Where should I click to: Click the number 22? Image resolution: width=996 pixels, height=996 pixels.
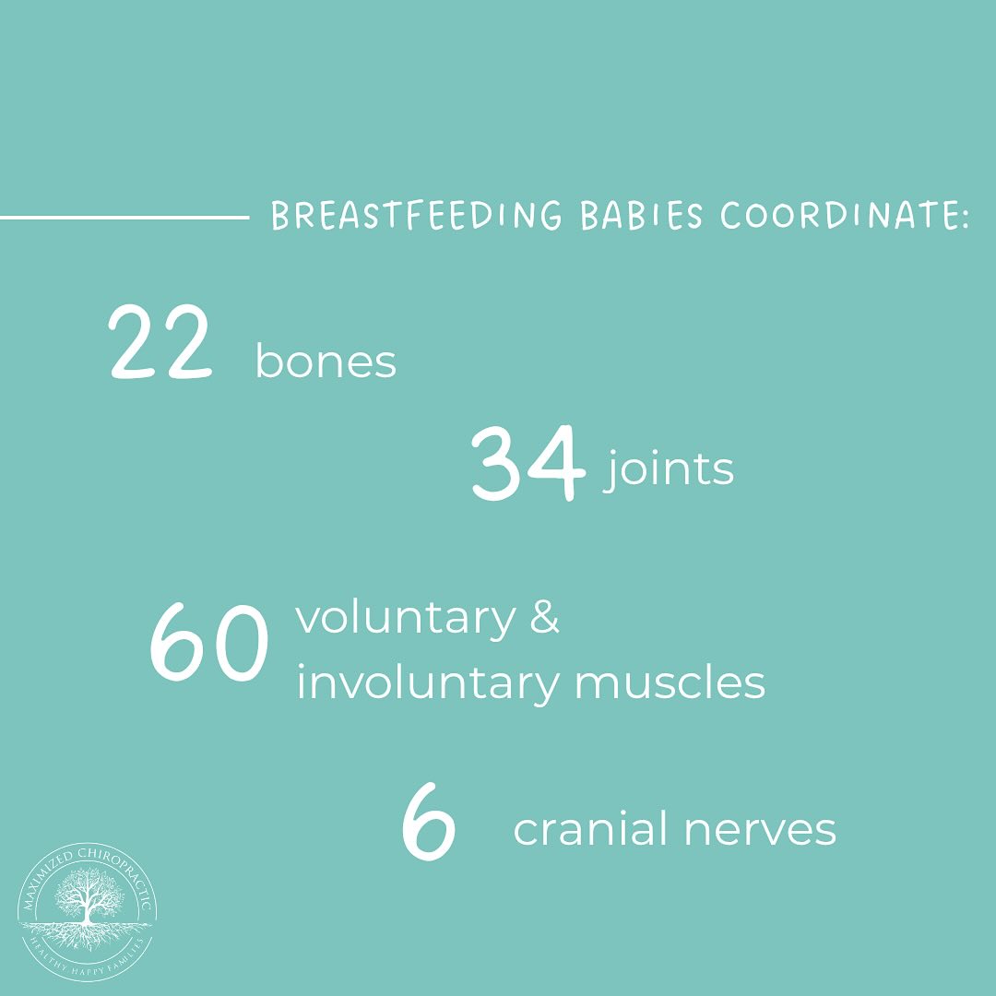click(x=160, y=342)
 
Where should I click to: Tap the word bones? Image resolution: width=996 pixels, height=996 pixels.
click(x=326, y=361)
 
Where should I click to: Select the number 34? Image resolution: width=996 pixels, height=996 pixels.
click(x=528, y=463)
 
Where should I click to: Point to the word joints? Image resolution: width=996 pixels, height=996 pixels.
click(x=669, y=468)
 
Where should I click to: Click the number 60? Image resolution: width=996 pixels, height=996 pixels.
click(x=208, y=642)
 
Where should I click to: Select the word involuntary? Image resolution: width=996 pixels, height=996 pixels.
click(x=428, y=682)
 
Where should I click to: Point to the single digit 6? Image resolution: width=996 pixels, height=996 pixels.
click(x=429, y=822)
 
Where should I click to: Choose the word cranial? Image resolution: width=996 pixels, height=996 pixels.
click(x=591, y=828)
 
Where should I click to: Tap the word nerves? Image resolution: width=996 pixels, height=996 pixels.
click(x=760, y=830)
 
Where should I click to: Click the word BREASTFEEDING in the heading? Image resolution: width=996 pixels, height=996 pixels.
click(x=417, y=215)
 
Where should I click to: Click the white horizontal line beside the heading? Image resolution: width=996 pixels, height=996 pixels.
click(x=125, y=218)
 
